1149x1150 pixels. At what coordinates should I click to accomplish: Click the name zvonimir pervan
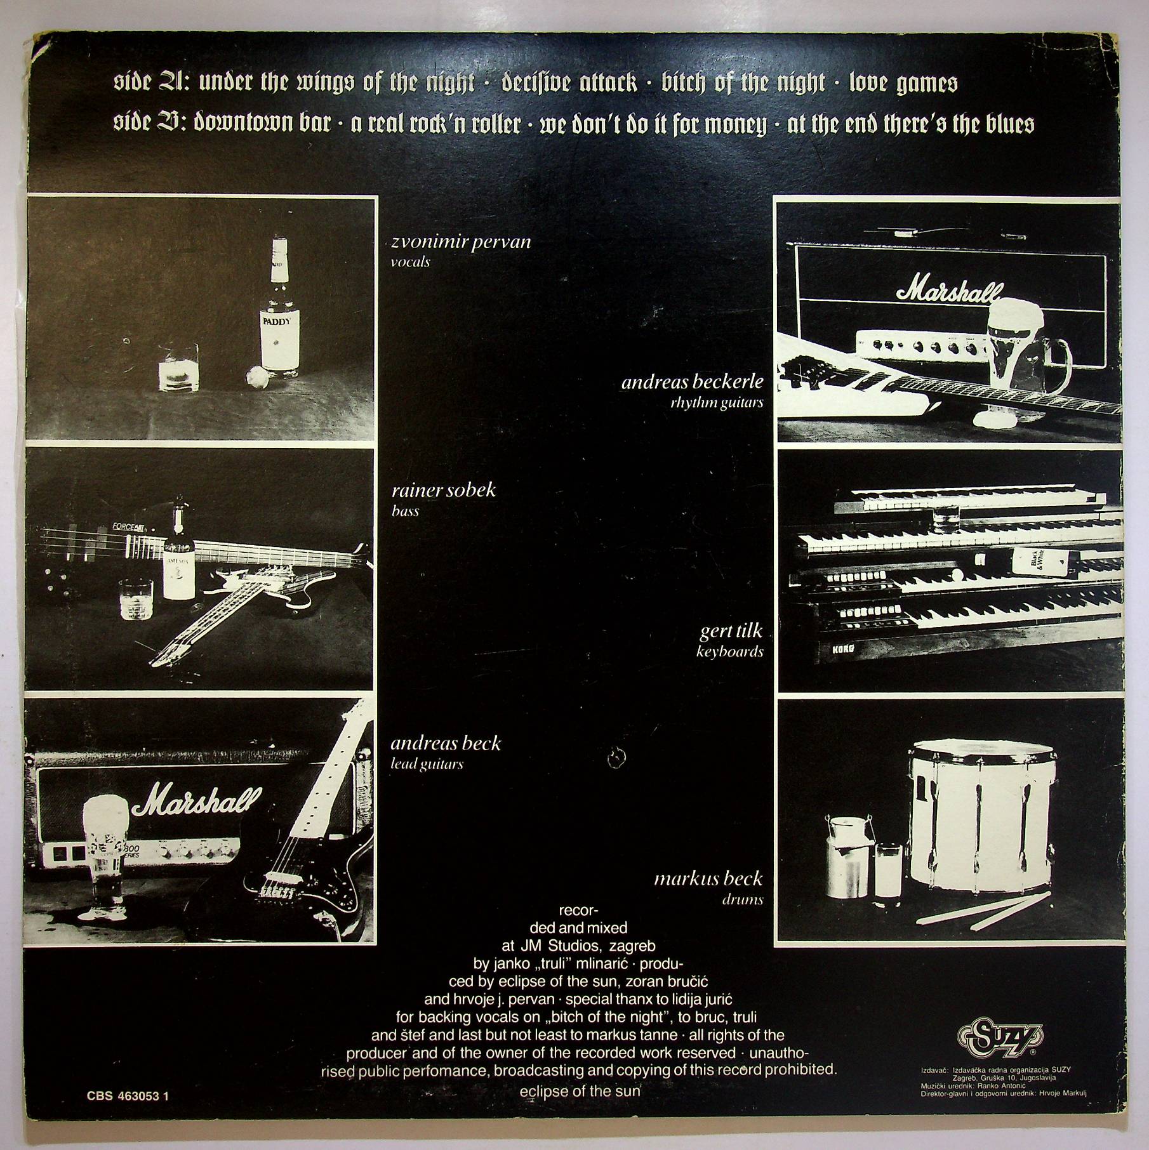pyautogui.click(x=461, y=242)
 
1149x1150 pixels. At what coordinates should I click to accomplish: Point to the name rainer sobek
pyautogui.click(x=444, y=490)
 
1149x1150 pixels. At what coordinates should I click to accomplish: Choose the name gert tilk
pyautogui.click(x=731, y=631)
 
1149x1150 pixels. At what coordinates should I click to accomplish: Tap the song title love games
pyautogui.click(x=903, y=84)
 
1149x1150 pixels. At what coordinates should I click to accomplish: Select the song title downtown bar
pyautogui.click(x=262, y=123)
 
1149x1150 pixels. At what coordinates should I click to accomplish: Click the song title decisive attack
pyautogui.click(x=569, y=83)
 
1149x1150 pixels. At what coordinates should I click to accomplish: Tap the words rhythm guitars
pyautogui.click(x=717, y=402)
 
